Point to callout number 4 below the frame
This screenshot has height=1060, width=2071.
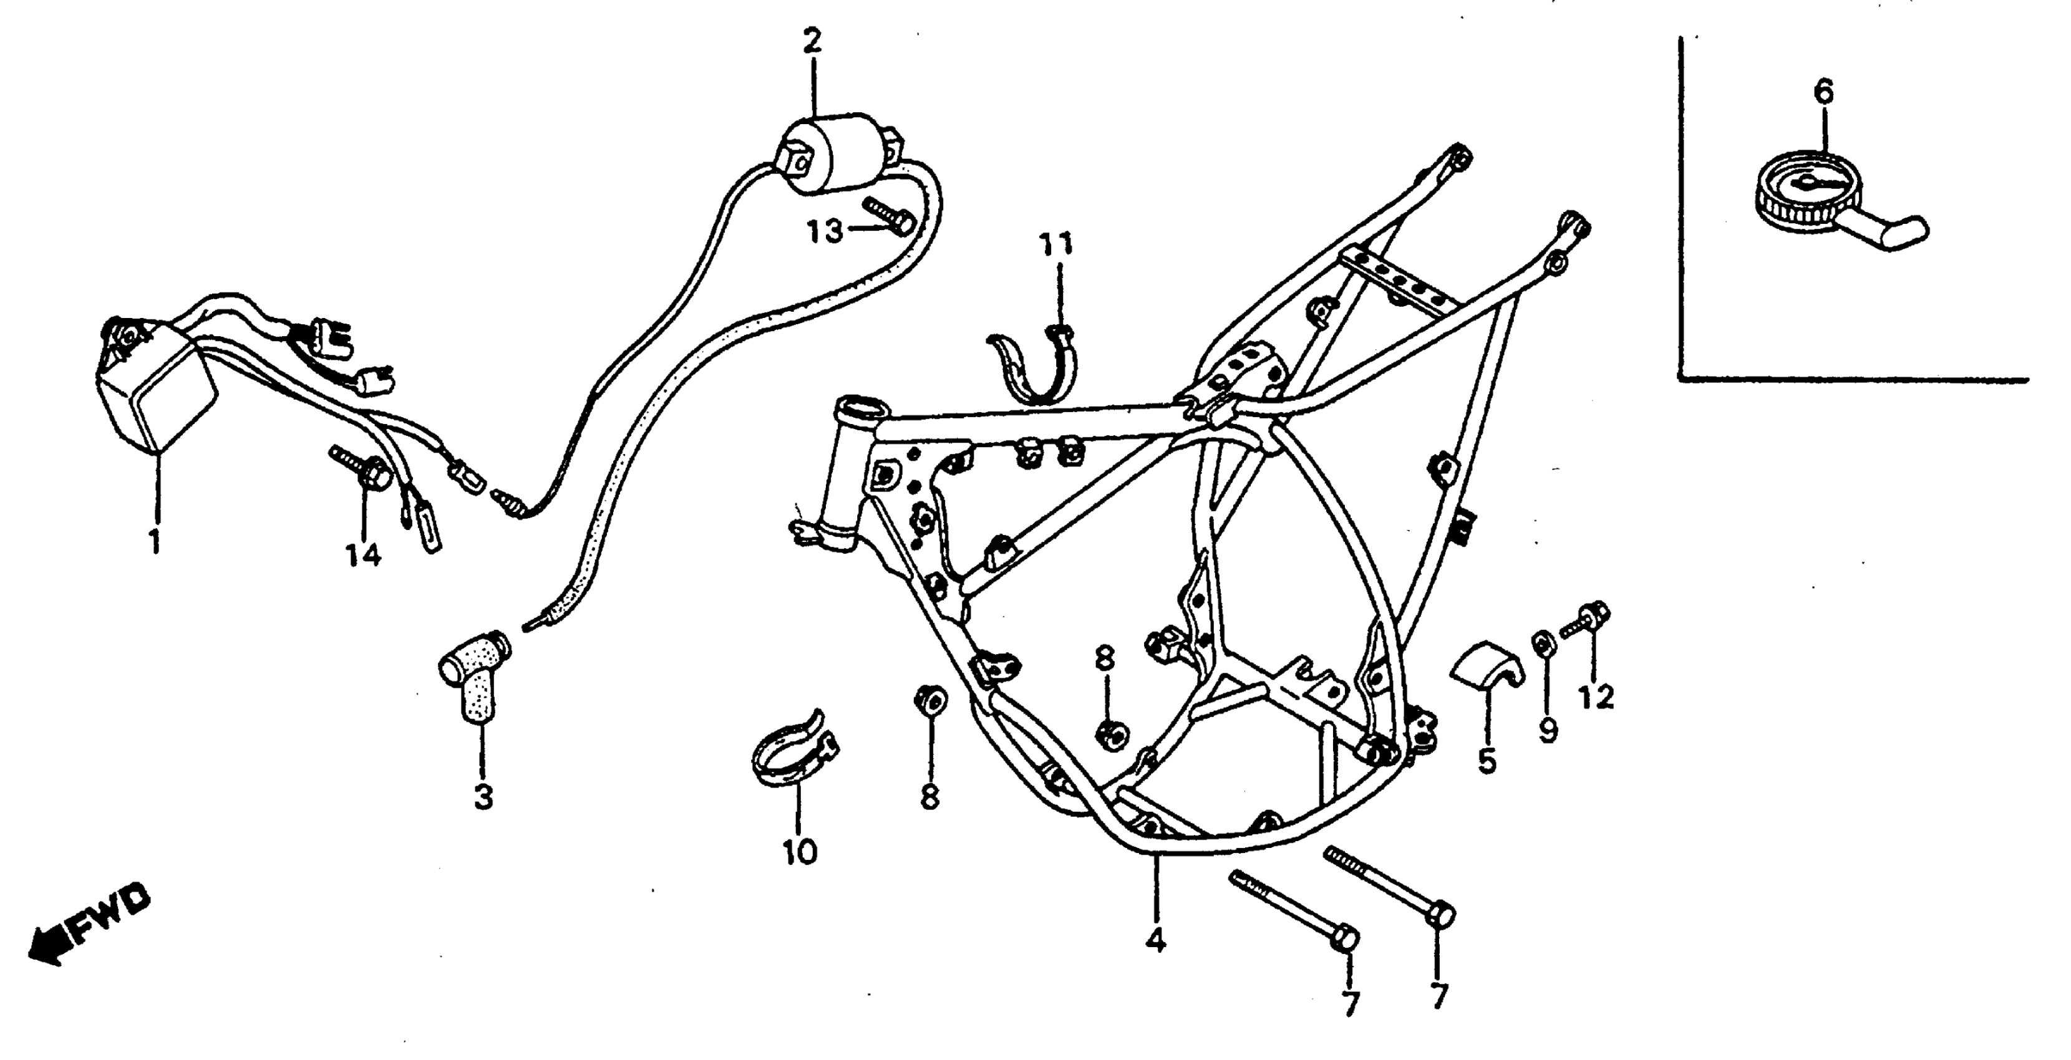tap(1155, 940)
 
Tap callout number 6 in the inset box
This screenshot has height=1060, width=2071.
tap(1823, 92)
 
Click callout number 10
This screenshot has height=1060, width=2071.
tap(799, 852)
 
